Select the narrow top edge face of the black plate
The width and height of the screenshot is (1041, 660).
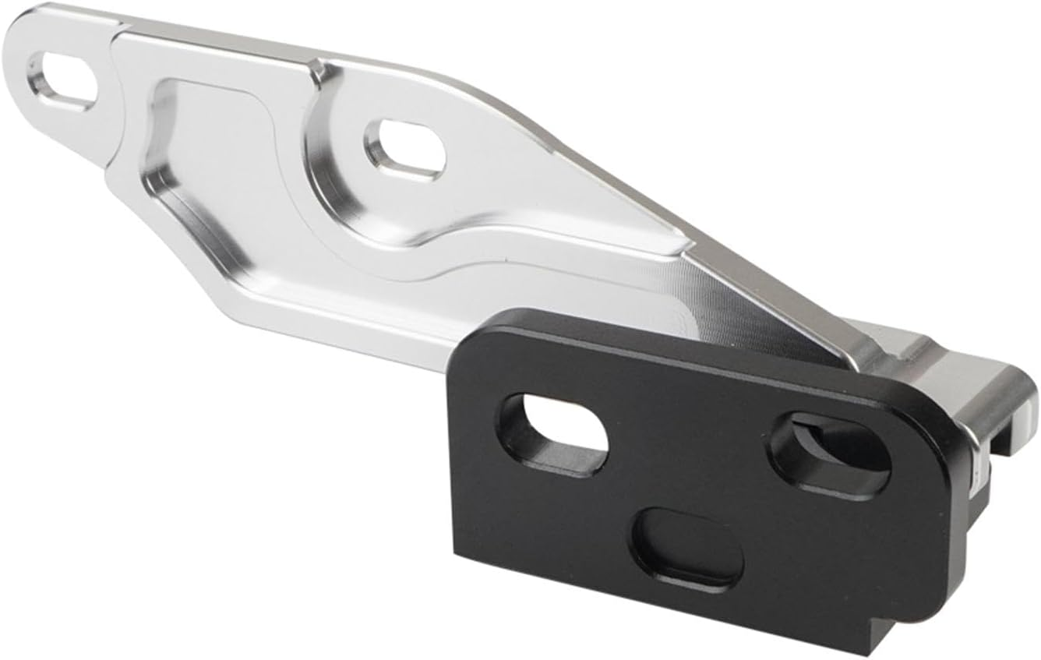click(x=701, y=343)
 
